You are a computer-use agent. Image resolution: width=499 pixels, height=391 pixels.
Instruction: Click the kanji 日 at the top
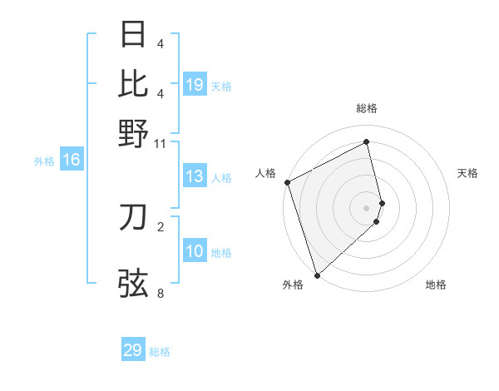click(134, 35)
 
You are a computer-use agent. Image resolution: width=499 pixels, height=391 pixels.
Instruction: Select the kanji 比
click(134, 83)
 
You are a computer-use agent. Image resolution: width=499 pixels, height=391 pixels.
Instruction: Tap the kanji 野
click(134, 133)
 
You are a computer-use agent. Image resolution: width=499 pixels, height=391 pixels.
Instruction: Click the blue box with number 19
click(195, 84)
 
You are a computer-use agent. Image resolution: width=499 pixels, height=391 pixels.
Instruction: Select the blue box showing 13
click(195, 176)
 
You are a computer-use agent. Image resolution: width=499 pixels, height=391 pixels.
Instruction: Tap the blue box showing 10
click(195, 251)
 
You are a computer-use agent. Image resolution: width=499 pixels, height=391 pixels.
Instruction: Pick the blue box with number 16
click(72, 160)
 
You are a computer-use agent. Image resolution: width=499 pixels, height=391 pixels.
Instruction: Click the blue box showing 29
click(133, 350)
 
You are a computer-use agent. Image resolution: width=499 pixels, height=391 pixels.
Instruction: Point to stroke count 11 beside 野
click(161, 144)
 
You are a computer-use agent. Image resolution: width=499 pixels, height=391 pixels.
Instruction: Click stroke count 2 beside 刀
click(161, 226)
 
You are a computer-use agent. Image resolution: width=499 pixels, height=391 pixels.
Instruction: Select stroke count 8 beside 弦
click(161, 293)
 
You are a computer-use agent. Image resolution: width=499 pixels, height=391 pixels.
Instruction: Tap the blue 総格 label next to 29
click(160, 352)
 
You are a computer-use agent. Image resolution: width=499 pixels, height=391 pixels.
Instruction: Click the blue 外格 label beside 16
click(43, 161)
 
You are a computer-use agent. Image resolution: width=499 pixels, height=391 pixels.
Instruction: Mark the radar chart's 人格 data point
click(287, 183)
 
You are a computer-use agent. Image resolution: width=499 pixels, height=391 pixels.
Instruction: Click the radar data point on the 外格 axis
click(317, 275)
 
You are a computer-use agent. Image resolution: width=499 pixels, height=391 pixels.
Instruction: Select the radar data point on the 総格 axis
click(367, 142)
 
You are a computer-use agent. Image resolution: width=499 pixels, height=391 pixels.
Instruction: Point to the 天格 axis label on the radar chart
click(467, 173)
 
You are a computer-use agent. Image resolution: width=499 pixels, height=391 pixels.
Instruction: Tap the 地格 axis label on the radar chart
click(436, 285)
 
